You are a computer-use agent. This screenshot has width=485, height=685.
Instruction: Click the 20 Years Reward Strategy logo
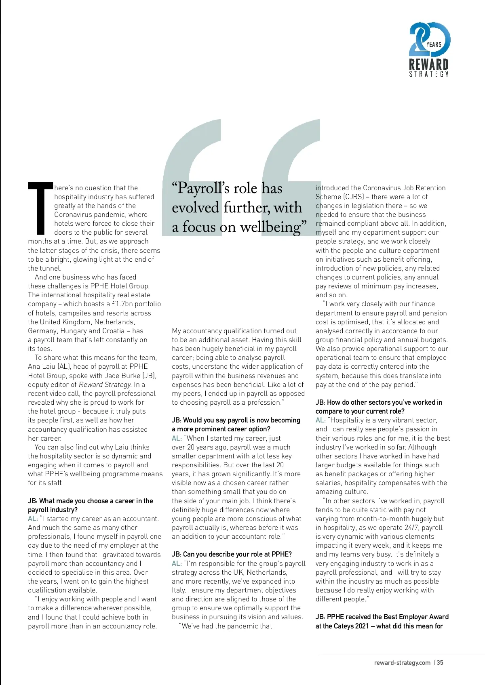(429, 49)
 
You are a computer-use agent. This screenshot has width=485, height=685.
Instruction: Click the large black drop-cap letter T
(40, 208)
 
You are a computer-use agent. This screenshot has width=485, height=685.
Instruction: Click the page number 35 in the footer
(440, 662)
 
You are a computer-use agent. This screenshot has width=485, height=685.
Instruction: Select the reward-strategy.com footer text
(402, 662)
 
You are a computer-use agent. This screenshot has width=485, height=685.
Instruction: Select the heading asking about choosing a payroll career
(90, 505)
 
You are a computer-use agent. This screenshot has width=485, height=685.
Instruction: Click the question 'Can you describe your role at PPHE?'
(232, 554)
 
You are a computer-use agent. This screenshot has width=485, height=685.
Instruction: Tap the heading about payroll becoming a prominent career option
(236, 424)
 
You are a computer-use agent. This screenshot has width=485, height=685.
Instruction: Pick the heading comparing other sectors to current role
(379, 407)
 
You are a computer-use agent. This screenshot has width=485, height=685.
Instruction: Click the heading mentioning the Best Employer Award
(382, 621)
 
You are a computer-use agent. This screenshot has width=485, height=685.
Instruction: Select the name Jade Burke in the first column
(120, 376)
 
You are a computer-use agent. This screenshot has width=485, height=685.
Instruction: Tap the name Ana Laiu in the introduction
(42, 367)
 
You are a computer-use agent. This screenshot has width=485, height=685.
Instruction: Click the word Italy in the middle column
(179, 590)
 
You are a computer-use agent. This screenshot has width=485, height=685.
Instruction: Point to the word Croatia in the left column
(115, 331)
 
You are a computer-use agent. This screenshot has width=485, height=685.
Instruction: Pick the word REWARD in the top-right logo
(429, 64)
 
